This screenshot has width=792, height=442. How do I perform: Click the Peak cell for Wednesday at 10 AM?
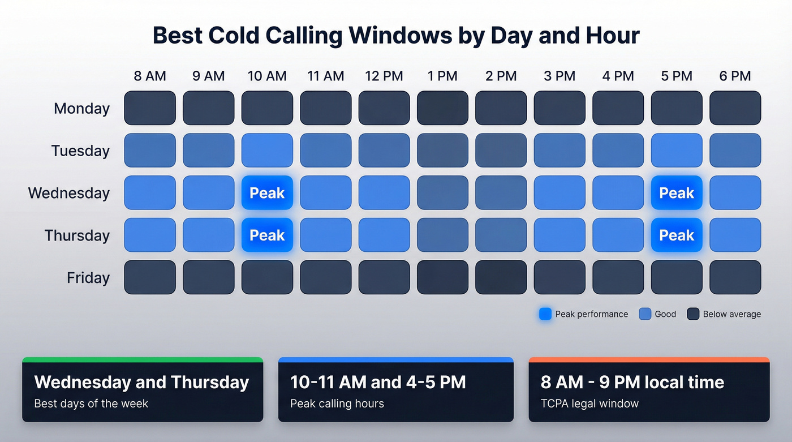click(267, 193)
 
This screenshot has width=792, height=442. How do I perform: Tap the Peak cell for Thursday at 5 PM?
click(677, 235)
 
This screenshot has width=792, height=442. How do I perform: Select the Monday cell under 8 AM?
click(150, 108)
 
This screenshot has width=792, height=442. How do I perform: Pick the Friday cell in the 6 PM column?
click(735, 277)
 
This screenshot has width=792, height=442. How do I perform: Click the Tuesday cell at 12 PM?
click(384, 151)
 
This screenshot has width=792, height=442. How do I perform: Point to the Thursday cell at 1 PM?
click(442, 235)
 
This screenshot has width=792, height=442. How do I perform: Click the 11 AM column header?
click(325, 76)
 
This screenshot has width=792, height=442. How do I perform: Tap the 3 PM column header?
click(559, 76)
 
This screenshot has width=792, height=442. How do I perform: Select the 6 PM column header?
click(735, 76)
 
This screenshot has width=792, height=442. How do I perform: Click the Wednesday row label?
click(69, 193)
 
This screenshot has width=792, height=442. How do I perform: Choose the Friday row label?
click(88, 278)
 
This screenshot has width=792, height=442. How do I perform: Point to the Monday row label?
click(81, 108)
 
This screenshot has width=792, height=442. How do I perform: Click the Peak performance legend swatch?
click(545, 314)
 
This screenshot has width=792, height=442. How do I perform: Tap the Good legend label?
click(665, 314)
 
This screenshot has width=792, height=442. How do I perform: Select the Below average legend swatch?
click(693, 314)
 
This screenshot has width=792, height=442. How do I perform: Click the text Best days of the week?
click(91, 404)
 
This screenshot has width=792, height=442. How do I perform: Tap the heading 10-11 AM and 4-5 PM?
click(378, 382)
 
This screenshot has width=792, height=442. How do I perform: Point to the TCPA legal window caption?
click(589, 404)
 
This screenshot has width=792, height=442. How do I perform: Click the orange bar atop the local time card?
click(649, 359)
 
